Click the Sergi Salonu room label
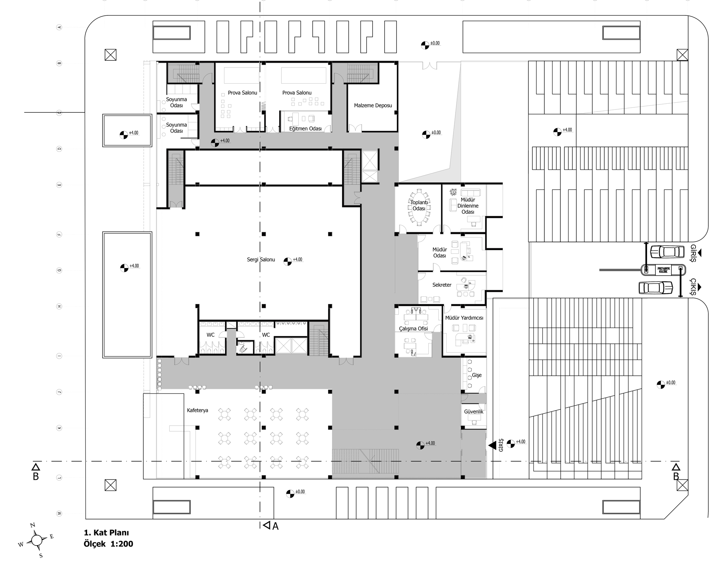click(261, 259)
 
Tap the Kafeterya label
click(197, 410)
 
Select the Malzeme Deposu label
click(373, 106)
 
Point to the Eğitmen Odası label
click(305, 128)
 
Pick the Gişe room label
click(476, 375)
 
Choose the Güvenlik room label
click(473, 412)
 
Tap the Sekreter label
click(442, 285)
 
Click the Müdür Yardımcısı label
click(464, 318)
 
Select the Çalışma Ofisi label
click(413, 328)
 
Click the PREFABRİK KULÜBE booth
click(663, 270)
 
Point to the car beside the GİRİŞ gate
click(667, 252)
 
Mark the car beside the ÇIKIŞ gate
click(656, 287)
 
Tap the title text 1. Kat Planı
click(106, 533)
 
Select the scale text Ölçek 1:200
click(108, 544)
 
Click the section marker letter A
click(275, 526)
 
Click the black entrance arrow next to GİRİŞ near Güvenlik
click(492, 445)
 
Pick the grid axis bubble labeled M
click(60, 514)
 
